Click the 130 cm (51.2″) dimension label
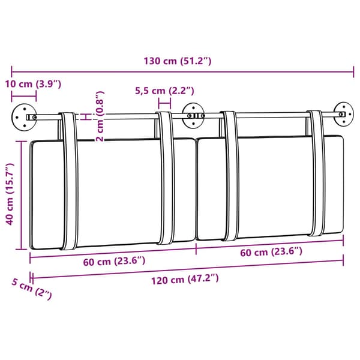click(177, 61)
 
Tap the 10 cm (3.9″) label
click(33, 84)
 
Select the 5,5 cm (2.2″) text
click(164, 91)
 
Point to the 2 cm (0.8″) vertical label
click(100, 116)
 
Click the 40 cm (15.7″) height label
click(10, 194)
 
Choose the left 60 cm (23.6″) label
click(114, 262)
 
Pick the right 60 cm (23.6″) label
click(271, 252)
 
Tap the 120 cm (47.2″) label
click(185, 280)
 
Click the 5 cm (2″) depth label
click(32, 289)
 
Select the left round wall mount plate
click(24, 118)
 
